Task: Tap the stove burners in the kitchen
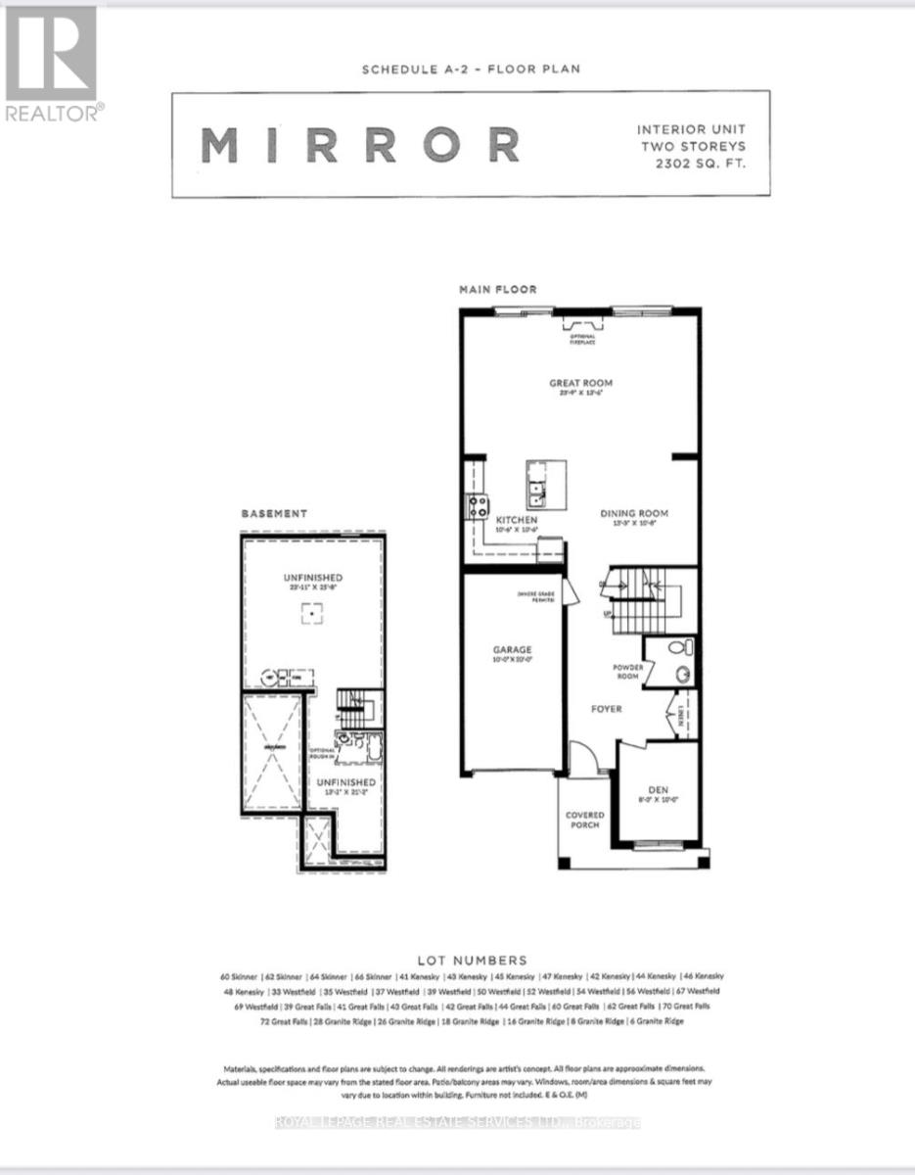pyautogui.click(x=479, y=506)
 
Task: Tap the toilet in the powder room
pyautogui.click(x=683, y=647)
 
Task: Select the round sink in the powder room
pyautogui.click(x=683, y=674)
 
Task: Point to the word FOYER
pyautogui.click(x=606, y=708)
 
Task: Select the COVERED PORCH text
pyautogui.click(x=585, y=820)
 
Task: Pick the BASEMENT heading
pyautogui.click(x=275, y=513)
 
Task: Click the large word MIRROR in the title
pyautogui.click(x=360, y=145)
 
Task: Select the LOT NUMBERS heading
pyautogui.click(x=471, y=960)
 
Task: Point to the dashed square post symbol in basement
pyautogui.click(x=310, y=614)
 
